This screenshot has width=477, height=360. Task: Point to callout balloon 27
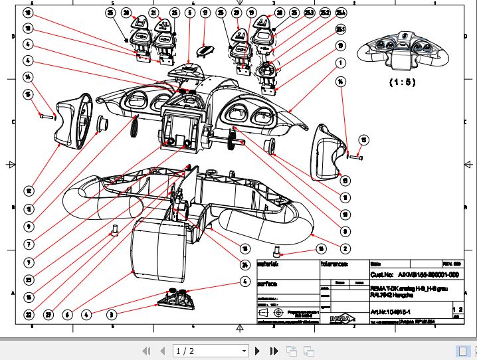click(48, 314)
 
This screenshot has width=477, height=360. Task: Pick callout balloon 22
click(29, 314)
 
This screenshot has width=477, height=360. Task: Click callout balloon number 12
click(29, 191)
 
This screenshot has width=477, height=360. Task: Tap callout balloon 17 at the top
click(205, 13)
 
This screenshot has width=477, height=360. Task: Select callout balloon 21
click(154, 13)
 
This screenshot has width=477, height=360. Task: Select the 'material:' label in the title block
click(285, 264)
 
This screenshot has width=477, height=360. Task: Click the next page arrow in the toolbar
click(258, 350)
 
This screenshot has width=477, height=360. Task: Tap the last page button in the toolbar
click(273, 350)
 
